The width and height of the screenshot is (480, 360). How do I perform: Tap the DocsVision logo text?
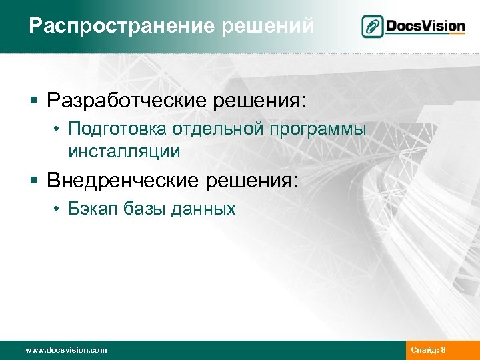click(426, 26)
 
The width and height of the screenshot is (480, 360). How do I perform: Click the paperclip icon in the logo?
click(373, 27)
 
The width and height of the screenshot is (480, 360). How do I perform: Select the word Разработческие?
click(127, 101)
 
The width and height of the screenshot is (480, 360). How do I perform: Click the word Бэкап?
click(89, 209)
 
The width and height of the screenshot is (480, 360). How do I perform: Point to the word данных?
click(203, 209)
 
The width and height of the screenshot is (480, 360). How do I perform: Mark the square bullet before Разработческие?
click(33, 102)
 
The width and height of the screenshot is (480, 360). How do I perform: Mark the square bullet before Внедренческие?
click(33, 180)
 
